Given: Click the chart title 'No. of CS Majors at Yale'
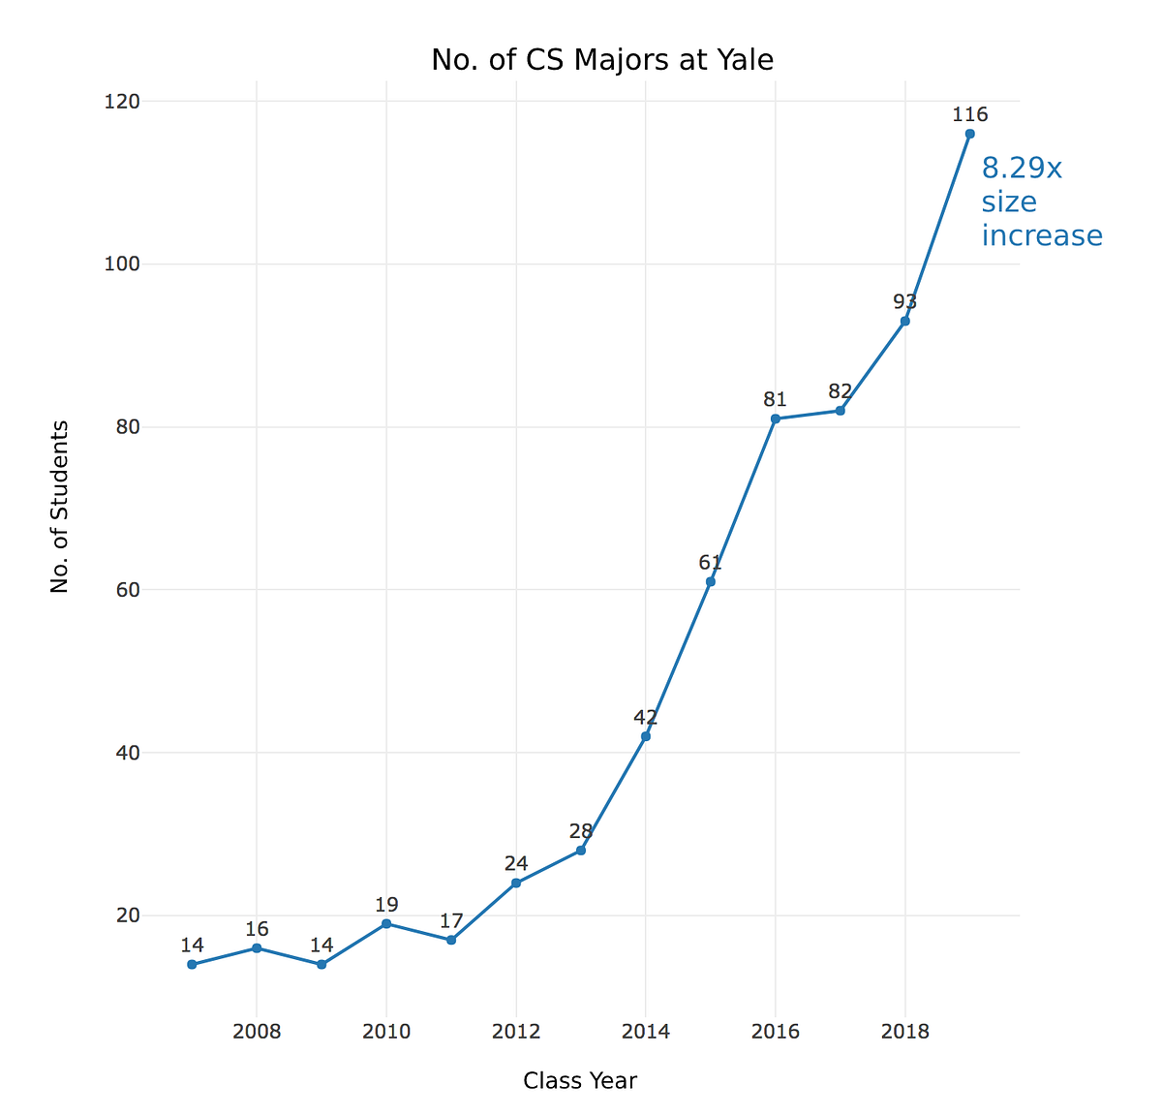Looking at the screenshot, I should [601, 60].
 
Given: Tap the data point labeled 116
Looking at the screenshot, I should [969, 134].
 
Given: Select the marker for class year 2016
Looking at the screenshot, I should [775, 418].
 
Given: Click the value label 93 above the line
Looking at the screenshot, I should [904, 302].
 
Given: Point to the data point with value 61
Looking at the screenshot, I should [710, 581].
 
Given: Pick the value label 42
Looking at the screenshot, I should [645, 718].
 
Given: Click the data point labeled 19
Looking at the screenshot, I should [386, 923].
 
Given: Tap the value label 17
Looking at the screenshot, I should [450, 921].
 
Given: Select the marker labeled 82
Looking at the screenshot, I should [840, 411].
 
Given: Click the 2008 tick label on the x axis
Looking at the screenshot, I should [257, 1032].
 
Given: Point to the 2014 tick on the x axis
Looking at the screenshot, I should [645, 1032].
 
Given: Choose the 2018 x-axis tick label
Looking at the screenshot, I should [904, 1032].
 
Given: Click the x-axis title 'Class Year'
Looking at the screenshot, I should [579, 1081].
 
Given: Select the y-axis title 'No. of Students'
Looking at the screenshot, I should [60, 506].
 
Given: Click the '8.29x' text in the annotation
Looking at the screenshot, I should [1022, 169].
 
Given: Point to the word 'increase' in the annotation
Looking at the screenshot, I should [1042, 235].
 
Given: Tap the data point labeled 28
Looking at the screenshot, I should [580, 850].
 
